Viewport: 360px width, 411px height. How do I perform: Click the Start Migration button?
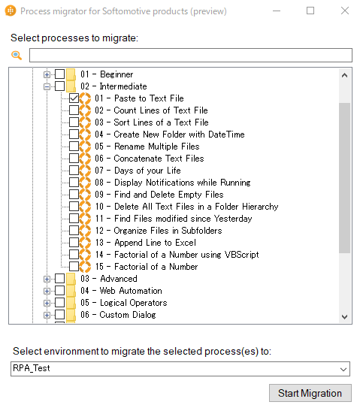pyautogui.click(x=310, y=393)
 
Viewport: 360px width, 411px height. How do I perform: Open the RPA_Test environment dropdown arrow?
pyautogui.click(x=343, y=370)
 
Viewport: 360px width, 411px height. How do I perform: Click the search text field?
pyautogui.click(x=191, y=56)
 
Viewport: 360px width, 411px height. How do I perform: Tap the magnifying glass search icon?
pyautogui.click(x=17, y=55)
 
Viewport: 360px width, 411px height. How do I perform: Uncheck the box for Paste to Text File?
pyautogui.click(x=74, y=98)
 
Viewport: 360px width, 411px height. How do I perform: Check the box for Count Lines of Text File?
pyautogui.click(x=74, y=110)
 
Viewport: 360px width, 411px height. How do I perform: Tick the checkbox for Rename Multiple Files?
pyautogui.click(x=74, y=147)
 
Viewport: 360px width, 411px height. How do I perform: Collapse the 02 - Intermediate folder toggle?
pyautogui.click(x=47, y=86)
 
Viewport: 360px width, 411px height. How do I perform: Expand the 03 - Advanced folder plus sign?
pyautogui.click(x=47, y=279)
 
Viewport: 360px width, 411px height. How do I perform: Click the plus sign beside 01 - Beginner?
pyautogui.click(x=47, y=74)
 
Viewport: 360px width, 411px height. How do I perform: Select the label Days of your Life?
pyautogui.click(x=147, y=171)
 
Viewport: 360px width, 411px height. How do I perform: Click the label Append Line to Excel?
pyautogui.click(x=155, y=243)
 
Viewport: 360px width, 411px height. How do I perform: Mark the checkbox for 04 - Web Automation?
pyautogui.click(x=60, y=291)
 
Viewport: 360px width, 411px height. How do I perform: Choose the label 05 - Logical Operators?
pyautogui.click(x=124, y=303)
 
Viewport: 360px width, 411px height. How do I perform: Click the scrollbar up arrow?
pyautogui.click(x=344, y=75)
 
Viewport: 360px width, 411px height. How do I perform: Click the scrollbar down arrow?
pyautogui.click(x=344, y=316)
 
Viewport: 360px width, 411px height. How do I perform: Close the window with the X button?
pyautogui.click(x=345, y=11)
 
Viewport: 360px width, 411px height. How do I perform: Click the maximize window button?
pyautogui.click(x=310, y=11)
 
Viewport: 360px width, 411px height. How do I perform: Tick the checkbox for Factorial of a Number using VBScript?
pyautogui.click(x=74, y=255)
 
